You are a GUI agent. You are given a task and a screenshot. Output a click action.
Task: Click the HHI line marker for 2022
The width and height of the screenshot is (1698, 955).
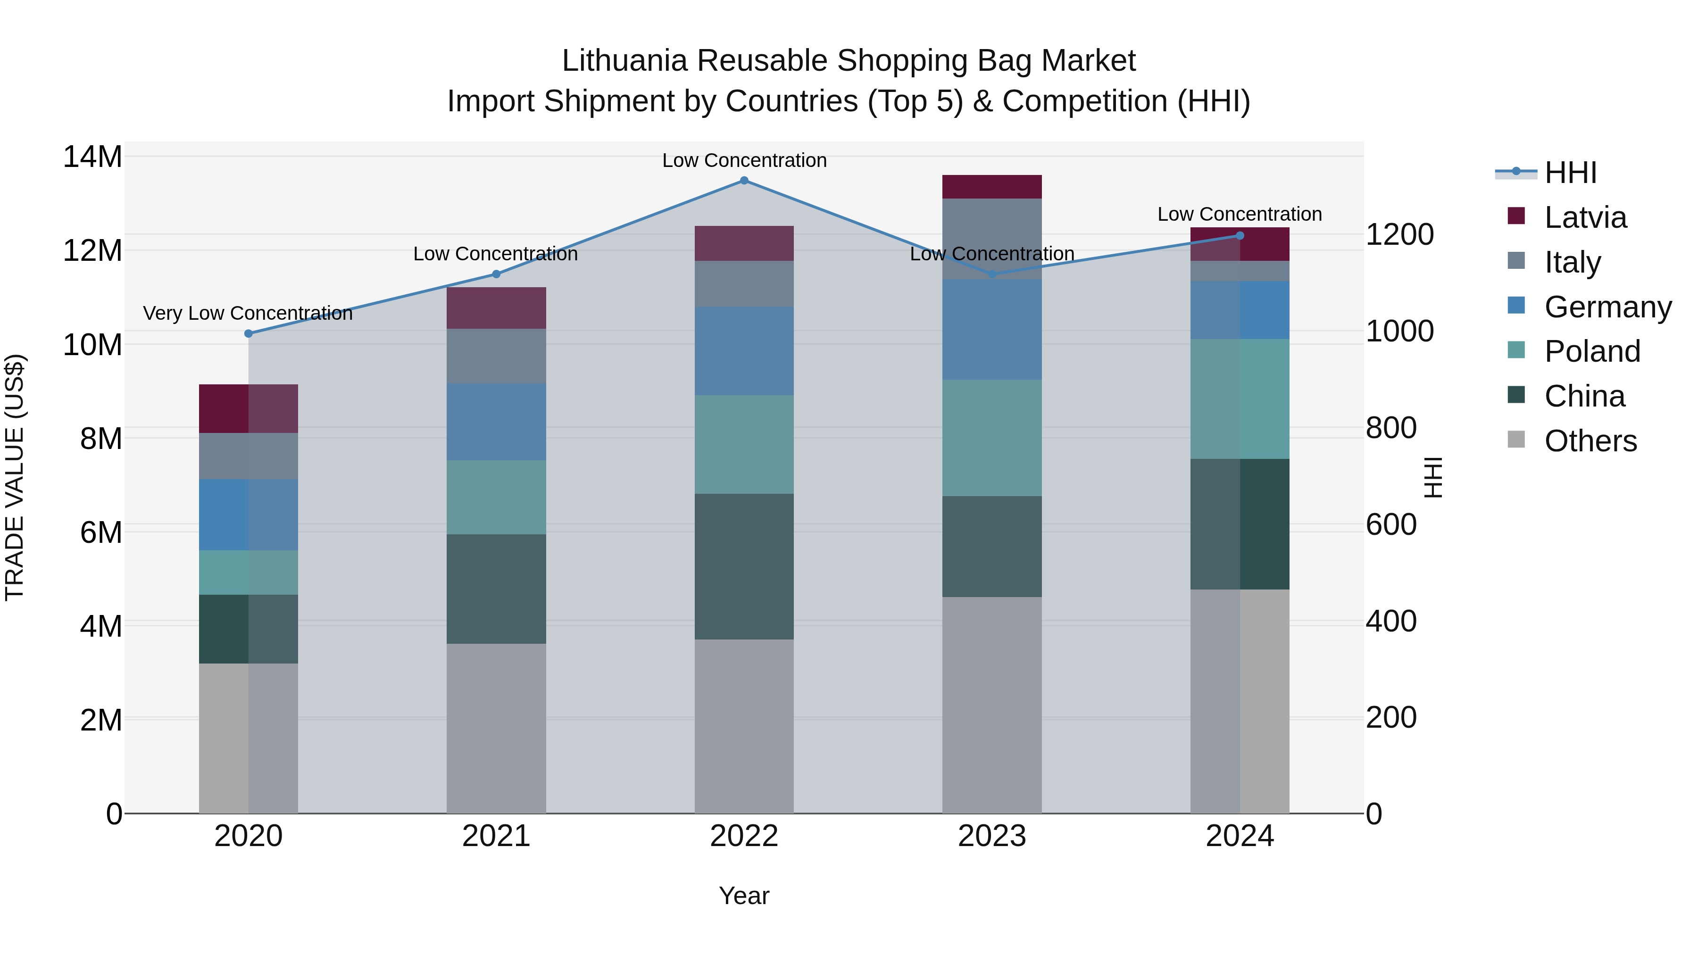pyautogui.click(x=744, y=181)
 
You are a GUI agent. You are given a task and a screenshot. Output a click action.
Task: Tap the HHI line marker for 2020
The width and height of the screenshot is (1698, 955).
pyautogui.click(x=249, y=333)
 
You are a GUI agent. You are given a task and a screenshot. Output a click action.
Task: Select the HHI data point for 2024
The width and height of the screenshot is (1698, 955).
pyautogui.click(x=1240, y=235)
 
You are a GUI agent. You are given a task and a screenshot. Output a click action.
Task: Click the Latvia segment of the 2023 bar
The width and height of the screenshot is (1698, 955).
pyautogui.click(x=992, y=186)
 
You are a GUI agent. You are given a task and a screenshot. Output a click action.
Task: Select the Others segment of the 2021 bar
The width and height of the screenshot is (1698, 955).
pyautogui.click(x=496, y=728)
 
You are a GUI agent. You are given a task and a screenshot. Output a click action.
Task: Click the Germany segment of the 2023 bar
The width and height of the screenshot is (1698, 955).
pyautogui.click(x=992, y=330)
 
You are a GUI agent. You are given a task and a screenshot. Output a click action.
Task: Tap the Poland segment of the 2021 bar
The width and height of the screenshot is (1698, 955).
pyautogui.click(x=496, y=497)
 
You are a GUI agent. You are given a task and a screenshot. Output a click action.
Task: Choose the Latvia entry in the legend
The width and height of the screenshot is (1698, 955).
pyautogui.click(x=1585, y=217)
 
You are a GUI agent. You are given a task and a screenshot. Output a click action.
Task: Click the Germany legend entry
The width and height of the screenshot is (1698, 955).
pyautogui.click(x=1607, y=307)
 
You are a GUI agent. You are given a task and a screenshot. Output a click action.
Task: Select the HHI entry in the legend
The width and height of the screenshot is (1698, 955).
pyautogui.click(x=1570, y=173)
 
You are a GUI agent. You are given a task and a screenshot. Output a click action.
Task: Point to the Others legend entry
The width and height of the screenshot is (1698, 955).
pyautogui.click(x=1590, y=441)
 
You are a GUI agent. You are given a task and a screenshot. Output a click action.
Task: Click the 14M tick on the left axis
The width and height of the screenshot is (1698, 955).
pyautogui.click(x=93, y=157)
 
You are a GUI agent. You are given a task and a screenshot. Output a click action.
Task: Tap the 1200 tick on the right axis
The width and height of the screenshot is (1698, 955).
pyautogui.click(x=1399, y=235)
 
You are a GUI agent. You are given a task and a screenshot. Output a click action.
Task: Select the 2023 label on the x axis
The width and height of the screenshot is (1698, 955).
pyautogui.click(x=992, y=836)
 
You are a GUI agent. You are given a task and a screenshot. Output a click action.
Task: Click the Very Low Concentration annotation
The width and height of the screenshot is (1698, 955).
pyautogui.click(x=248, y=313)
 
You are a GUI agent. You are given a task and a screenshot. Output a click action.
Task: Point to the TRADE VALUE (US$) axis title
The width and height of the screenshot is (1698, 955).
pyautogui.click(x=15, y=477)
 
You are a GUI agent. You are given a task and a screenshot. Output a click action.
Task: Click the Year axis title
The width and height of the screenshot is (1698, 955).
pyautogui.click(x=744, y=896)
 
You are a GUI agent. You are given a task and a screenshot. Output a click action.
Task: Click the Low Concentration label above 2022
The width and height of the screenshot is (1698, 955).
pyautogui.click(x=744, y=160)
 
